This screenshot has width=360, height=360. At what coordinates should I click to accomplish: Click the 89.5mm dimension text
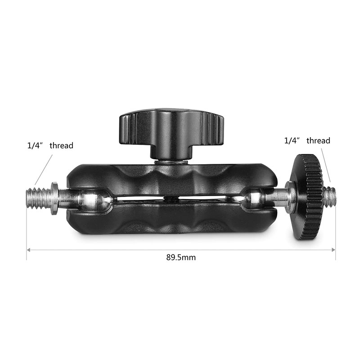[x=181, y=258]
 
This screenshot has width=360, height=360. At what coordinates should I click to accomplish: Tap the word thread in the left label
[x=61, y=146]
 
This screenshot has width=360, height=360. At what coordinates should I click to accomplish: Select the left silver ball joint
[x=94, y=198]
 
